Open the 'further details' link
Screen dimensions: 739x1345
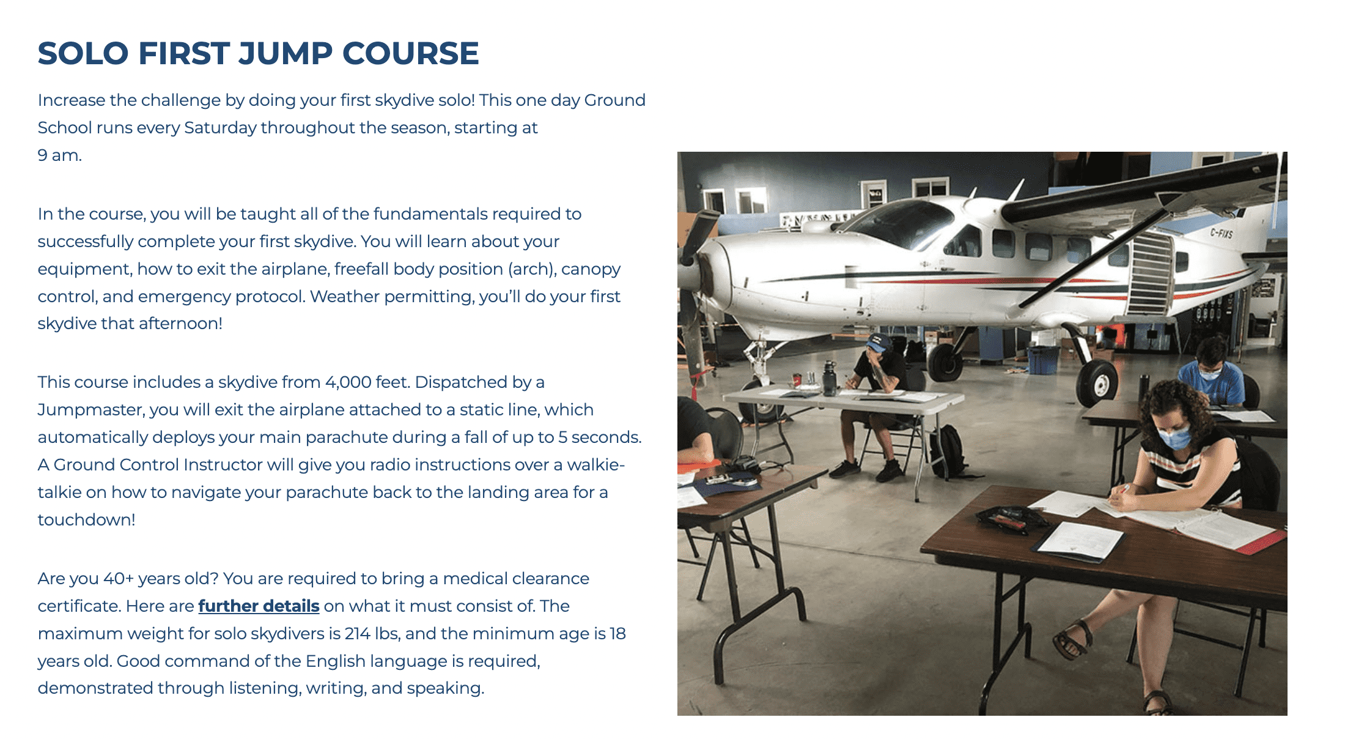[x=259, y=606]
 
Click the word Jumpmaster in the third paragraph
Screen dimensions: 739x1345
[x=90, y=410]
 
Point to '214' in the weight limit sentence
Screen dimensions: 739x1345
[x=357, y=633]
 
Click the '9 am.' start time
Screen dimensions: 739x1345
[x=59, y=155]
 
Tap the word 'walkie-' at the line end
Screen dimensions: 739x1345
[x=595, y=465]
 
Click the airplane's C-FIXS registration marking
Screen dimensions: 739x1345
[x=1222, y=233]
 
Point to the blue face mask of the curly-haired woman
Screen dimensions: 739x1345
[x=1174, y=438]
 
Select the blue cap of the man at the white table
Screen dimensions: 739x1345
[x=879, y=343]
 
